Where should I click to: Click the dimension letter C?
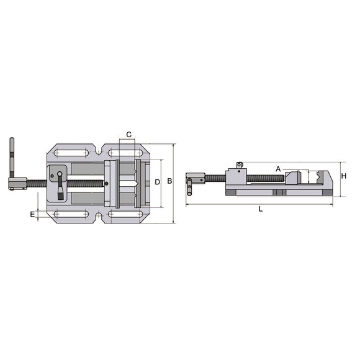[128, 135]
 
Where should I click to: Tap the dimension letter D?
[158, 182]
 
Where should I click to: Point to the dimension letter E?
[32, 214]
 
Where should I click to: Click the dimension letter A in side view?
[279, 168]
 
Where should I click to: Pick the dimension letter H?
[343, 176]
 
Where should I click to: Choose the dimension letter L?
[261, 209]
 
